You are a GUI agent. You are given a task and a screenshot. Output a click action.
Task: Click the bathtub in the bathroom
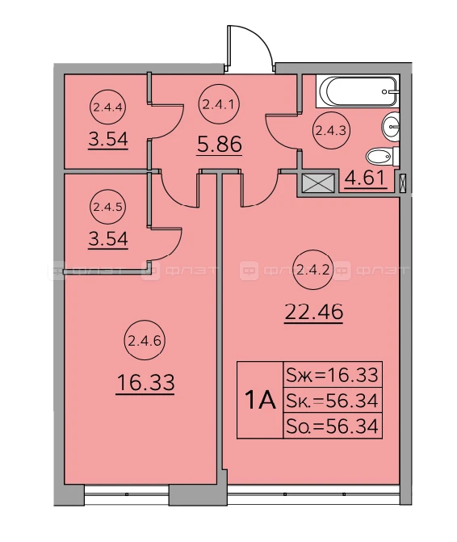[358, 91]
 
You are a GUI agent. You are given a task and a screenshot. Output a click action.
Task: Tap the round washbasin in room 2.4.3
[391, 126]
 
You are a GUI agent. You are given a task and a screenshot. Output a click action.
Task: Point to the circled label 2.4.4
[108, 107]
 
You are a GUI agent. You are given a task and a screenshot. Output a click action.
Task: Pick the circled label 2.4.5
[108, 207]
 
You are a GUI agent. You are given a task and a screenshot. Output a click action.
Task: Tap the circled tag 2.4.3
[331, 130]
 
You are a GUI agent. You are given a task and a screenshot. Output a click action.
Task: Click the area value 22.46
[313, 313]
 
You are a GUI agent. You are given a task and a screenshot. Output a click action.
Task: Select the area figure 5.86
[220, 145]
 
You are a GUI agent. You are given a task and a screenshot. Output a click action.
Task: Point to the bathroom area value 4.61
[365, 179]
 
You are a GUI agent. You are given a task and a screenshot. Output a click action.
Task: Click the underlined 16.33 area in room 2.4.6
[145, 384]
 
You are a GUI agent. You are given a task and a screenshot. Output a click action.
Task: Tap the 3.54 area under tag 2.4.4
[108, 140]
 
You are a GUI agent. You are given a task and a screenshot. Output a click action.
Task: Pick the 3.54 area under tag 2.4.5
[108, 240]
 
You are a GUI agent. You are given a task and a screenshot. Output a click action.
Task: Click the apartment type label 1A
[260, 401]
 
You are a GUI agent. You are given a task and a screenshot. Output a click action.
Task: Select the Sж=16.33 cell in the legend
[333, 374]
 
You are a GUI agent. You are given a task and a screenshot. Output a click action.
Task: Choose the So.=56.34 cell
[333, 426]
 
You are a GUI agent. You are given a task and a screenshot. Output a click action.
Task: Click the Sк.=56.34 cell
[333, 400]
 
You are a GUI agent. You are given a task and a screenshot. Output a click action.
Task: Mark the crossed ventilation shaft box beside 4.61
[317, 183]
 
